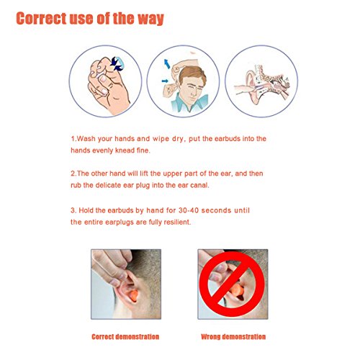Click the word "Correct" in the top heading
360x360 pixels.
click(41, 18)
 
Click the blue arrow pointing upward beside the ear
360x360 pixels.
click(167, 64)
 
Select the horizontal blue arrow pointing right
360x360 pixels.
click(165, 81)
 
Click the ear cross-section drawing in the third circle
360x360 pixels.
click(262, 84)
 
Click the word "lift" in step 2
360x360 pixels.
click(144, 174)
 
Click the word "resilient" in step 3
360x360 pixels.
click(177, 222)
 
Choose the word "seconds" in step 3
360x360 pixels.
click(216, 210)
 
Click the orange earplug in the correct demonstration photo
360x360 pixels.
click(133, 295)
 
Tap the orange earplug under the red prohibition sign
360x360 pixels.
click(237, 289)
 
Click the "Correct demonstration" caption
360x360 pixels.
click(125, 337)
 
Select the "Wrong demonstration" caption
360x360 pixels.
click(233, 337)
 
